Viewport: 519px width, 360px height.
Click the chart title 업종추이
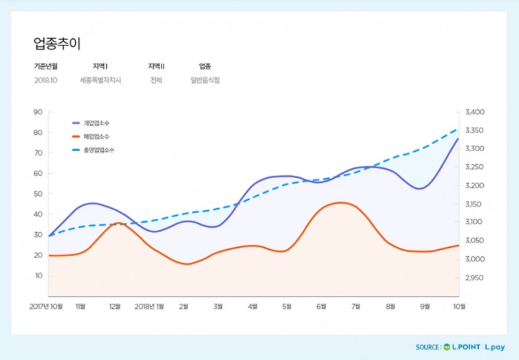click(x=57, y=43)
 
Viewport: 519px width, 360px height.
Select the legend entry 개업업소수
click(x=96, y=123)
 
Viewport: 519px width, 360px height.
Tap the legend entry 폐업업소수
click(x=96, y=136)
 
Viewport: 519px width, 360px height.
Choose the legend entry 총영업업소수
click(x=99, y=150)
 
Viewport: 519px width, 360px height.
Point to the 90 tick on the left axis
click(x=38, y=112)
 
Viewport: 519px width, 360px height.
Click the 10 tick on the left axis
click(x=38, y=276)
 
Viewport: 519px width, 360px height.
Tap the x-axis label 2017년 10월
click(x=47, y=306)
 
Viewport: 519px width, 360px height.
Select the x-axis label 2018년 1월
click(x=149, y=306)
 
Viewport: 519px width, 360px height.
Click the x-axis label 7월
click(x=355, y=306)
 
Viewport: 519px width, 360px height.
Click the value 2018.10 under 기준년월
click(x=45, y=80)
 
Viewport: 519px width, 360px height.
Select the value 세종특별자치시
click(x=101, y=80)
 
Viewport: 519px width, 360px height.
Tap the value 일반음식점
click(x=205, y=80)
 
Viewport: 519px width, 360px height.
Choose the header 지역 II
click(x=156, y=66)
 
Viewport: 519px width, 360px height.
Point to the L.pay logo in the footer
click(x=496, y=348)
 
